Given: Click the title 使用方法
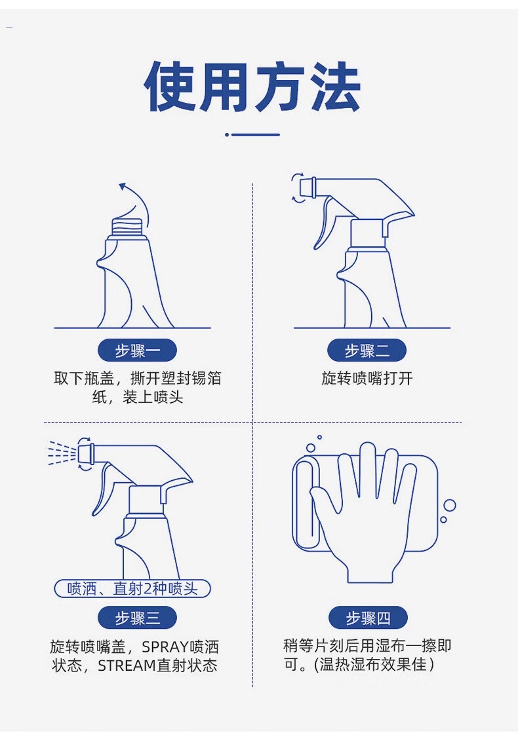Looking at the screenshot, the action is pyautogui.click(x=252, y=87).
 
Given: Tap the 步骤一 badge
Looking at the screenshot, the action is pyautogui.click(x=137, y=350).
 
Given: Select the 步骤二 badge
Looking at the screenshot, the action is pyautogui.click(x=367, y=350).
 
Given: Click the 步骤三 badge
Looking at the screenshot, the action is pyautogui.click(x=137, y=618).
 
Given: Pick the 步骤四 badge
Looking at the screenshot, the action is pyautogui.click(x=368, y=618).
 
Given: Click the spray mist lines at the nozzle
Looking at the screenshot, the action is pyautogui.click(x=62, y=453).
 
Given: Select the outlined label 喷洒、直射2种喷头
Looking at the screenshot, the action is pyautogui.click(x=132, y=588).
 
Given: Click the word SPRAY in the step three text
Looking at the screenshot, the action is pyautogui.click(x=165, y=647).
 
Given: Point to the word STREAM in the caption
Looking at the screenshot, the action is pyautogui.click(x=127, y=666).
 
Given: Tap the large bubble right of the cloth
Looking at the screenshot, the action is pyautogui.click(x=450, y=505).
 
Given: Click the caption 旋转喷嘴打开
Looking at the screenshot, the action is pyautogui.click(x=367, y=378).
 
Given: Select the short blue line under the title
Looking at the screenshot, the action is pyautogui.click(x=255, y=135).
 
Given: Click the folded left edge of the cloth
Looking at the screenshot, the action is pyautogui.click(x=306, y=502).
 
